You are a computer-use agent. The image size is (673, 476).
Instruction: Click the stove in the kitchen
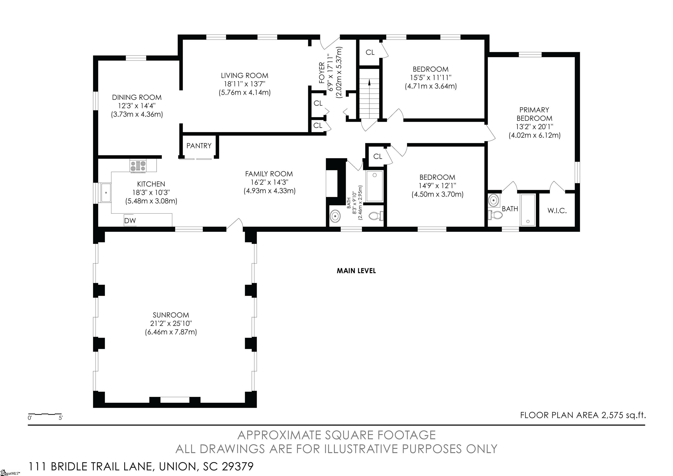(x=138, y=166)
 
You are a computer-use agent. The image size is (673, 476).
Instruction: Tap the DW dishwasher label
(x=130, y=221)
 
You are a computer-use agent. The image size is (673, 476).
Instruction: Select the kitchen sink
(x=106, y=193)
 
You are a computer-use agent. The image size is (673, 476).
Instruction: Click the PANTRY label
(x=199, y=146)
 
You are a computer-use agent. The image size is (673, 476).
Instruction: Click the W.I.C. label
(x=557, y=210)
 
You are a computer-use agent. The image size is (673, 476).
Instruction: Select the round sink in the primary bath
(x=494, y=200)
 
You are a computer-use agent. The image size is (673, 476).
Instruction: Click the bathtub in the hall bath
(x=374, y=186)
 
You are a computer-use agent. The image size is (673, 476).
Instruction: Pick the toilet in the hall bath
(x=376, y=216)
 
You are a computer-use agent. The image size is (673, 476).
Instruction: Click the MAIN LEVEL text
(x=356, y=271)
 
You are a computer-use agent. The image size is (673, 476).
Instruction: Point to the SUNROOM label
(x=171, y=315)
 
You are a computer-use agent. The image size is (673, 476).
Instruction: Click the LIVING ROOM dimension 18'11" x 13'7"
(x=245, y=84)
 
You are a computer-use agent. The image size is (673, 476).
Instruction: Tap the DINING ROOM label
(x=137, y=97)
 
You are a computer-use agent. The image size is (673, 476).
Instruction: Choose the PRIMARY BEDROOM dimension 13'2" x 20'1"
(x=534, y=127)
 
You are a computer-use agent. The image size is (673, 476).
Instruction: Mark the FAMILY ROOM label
(x=269, y=174)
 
